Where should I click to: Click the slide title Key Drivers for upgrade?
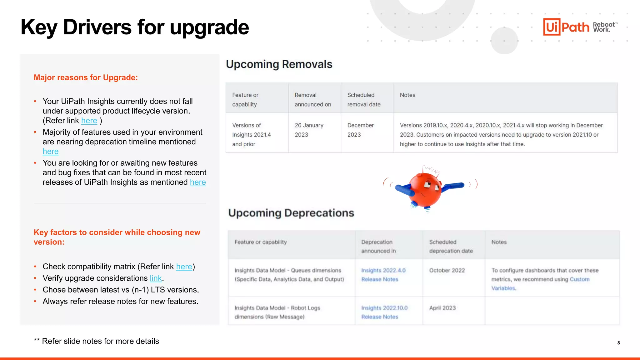tap(134, 27)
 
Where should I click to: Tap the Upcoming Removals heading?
tap(279, 64)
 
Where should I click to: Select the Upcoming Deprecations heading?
tap(291, 213)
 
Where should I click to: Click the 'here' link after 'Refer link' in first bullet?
tap(89, 121)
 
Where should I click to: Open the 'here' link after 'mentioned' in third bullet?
tap(198, 182)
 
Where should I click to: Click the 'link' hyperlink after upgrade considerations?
tap(156, 278)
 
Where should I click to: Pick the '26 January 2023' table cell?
tap(309, 130)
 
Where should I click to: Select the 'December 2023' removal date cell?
tap(360, 130)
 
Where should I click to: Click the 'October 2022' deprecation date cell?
tap(447, 270)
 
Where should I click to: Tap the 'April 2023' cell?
tap(442, 308)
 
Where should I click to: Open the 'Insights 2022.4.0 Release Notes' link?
tap(383, 275)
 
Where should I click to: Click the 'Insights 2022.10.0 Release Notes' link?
tap(384, 312)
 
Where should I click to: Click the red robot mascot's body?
tap(425, 189)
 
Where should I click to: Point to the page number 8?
tap(618, 343)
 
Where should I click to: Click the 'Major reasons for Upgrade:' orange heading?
tap(86, 77)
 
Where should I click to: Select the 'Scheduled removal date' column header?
tap(364, 99)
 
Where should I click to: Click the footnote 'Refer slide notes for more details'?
tap(100, 341)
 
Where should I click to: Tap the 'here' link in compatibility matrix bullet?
tap(184, 267)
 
